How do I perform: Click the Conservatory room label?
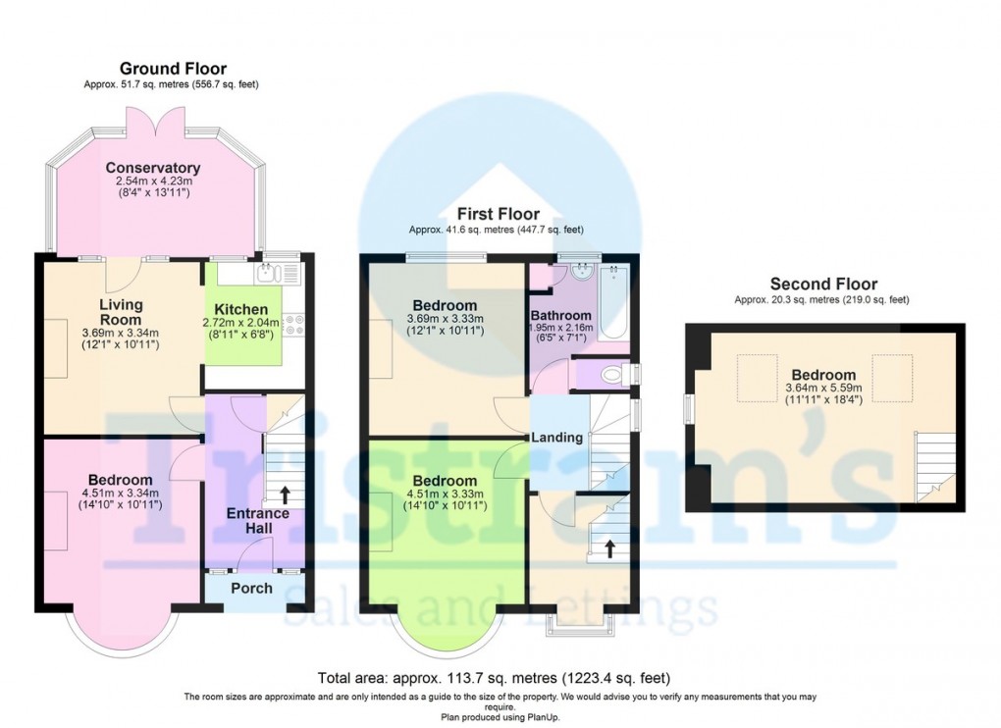[153, 168]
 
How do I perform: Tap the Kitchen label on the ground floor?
[241, 309]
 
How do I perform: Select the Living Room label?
[121, 312]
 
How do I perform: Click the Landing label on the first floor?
[557, 438]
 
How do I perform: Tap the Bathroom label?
[560, 316]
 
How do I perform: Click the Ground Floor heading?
[173, 69]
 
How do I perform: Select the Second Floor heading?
[823, 285]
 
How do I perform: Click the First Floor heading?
[497, 213]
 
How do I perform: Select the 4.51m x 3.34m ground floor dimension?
[119, 493]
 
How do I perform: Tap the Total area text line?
[495, 678]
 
